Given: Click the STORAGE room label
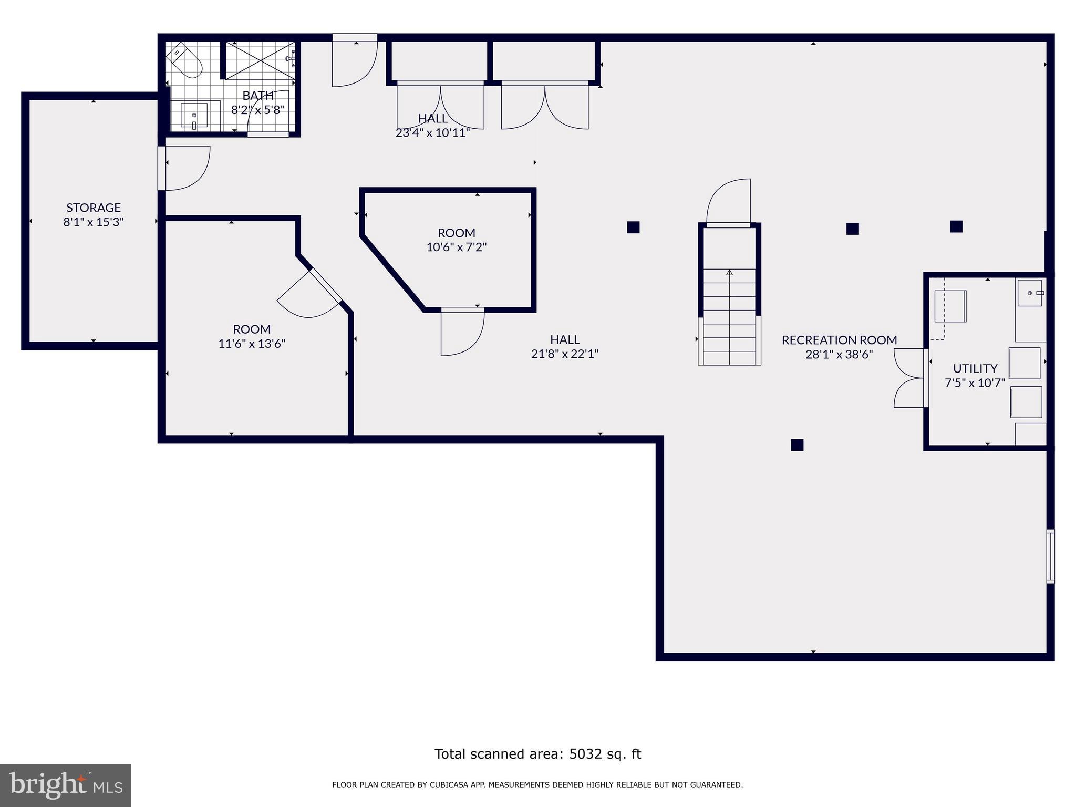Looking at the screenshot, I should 94,208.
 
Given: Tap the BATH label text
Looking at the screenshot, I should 258,96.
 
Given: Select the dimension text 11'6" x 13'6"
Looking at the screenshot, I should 252,344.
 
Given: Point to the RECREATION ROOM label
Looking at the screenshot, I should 839,340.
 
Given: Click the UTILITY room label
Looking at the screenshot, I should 975,368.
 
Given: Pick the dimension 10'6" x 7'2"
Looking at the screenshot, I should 456,247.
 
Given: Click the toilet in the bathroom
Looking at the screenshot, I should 185,60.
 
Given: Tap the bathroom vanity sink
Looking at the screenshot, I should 194,115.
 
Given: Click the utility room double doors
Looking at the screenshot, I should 909,378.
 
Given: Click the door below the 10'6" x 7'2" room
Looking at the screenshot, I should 462,333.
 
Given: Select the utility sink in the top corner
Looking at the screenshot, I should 1030,293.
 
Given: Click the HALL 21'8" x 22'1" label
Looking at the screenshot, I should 565,346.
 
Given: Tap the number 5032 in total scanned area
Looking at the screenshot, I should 585,754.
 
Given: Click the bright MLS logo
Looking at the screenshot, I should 65,785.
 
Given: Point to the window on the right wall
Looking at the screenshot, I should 1050,556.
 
